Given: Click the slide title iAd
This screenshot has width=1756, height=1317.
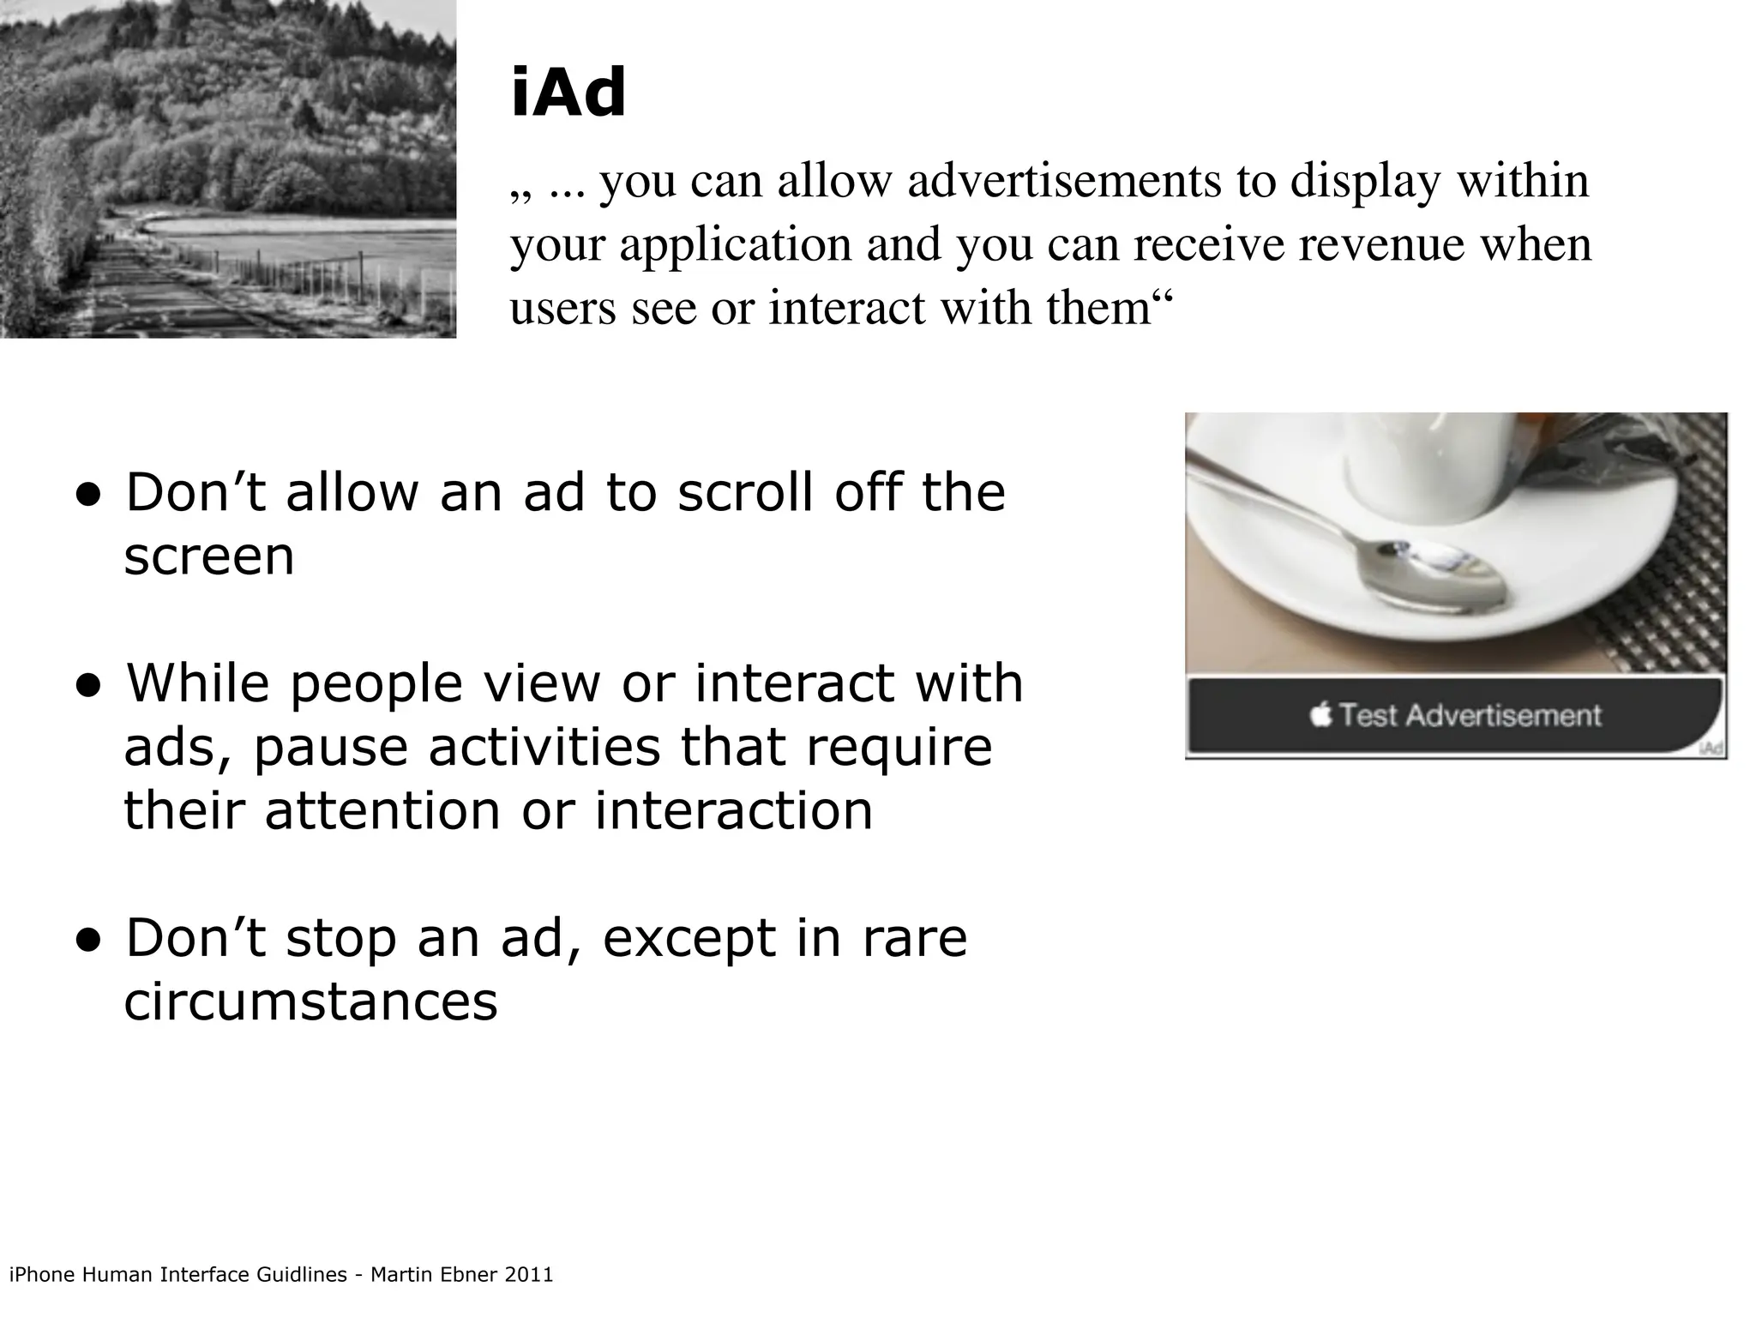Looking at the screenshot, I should click(568, 94).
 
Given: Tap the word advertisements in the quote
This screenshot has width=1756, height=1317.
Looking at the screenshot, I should click(1064, 181).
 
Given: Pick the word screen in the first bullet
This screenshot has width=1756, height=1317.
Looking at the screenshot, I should click(209, 556).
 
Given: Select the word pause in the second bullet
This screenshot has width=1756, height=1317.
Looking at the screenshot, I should click(330, 747).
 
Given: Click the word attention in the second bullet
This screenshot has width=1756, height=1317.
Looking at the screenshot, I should click(382, 810).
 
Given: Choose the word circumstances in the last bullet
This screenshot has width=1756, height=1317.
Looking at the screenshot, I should click(310, 1001).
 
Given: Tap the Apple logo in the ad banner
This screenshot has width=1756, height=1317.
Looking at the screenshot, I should click(1321, 713).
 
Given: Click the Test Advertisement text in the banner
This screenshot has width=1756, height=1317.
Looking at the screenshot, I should click(1470, 715).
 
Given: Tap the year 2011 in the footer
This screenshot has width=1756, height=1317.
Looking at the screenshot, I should click(529, 1275).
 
